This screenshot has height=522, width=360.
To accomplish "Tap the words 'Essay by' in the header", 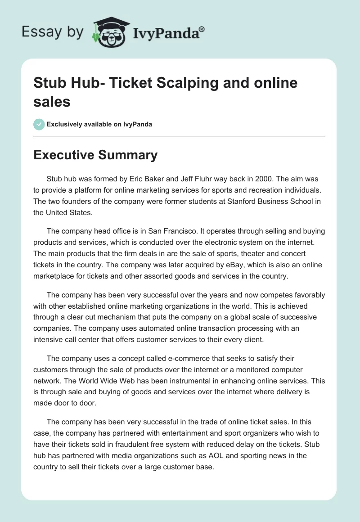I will [x=52, y=32].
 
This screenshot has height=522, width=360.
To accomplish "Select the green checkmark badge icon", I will [x=39, y=124].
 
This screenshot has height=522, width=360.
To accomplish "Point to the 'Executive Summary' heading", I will [x=95, y=155].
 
